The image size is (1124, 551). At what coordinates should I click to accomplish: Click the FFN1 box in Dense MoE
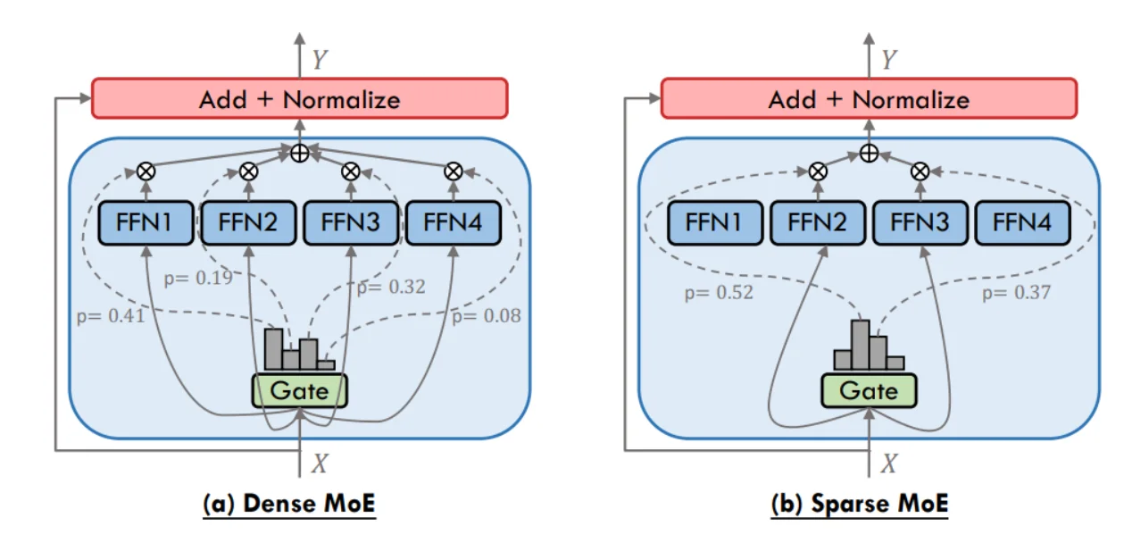(x=144, y=222)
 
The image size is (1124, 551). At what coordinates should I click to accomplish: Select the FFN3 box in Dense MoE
(x=350, y=222)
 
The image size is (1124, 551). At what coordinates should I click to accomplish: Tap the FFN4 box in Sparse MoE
(x=1021, y=222)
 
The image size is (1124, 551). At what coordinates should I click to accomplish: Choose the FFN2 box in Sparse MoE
(x=817, y=222)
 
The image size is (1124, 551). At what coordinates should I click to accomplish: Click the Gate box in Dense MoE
(x=299, y=390)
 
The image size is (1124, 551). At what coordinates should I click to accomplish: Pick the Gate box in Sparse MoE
(x=869, y=390)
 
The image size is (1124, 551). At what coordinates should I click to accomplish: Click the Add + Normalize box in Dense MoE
(x=299, y=98)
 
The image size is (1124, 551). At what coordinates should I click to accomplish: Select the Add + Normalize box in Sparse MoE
(x=869, y=98)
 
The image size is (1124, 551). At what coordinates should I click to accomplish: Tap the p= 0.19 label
(x=198, y=278)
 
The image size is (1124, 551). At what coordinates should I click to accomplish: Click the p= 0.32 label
(x=391, y=288)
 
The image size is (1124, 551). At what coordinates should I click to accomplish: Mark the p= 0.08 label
(x=486, y=314)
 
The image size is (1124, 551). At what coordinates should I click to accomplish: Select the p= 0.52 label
(x=719, y=292)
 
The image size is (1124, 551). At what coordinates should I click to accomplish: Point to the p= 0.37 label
(x=1016, y=292)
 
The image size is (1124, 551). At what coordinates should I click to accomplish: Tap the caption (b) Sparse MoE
(x=860, y=504)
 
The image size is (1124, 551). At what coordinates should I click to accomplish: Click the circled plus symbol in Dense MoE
(x=300, y=153)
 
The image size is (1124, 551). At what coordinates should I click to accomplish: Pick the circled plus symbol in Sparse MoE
(x=869, y=153)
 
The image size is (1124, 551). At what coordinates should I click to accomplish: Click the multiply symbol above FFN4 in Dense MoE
(x=454, y=170)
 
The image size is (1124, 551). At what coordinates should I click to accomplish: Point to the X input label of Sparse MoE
(x=888, y=463)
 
